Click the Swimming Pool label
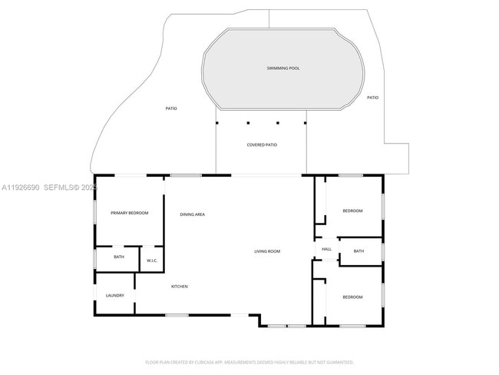pos(283,68)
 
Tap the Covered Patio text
pos(262,144)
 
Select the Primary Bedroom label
pos(129,213)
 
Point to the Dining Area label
pos(192,214)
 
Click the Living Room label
pos(267,251)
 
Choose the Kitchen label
pos(179,287)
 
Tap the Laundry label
pos(115,295)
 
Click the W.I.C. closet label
pos(152,261)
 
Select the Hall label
pos(326,250)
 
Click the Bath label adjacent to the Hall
pos(359,251)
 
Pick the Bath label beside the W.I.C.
pos(119,257)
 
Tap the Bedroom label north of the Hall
pos(352,211)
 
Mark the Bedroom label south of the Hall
pos(352,297)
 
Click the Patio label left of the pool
pos(171,108)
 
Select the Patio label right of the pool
pos(372,98)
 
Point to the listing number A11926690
pos(21,187)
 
